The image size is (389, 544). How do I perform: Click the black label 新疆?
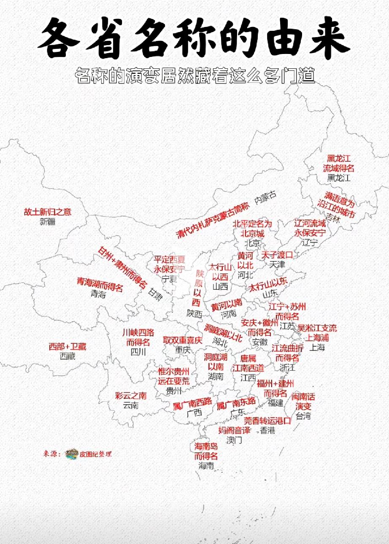48,222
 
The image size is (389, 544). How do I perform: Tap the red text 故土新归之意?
48,212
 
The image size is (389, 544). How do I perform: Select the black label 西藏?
68,356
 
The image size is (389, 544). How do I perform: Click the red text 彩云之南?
131,396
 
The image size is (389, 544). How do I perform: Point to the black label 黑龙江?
339,178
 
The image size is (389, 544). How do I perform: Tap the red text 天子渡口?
277,255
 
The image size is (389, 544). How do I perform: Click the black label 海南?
206,466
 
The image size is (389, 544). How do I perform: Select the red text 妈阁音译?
235,431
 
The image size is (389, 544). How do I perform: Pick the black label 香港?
267,431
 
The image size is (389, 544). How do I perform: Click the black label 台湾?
303,416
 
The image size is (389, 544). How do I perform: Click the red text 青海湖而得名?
100,284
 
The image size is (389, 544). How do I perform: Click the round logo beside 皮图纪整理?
72,454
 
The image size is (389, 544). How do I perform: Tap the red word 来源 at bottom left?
52,454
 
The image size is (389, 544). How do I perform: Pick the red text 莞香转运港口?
267,420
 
